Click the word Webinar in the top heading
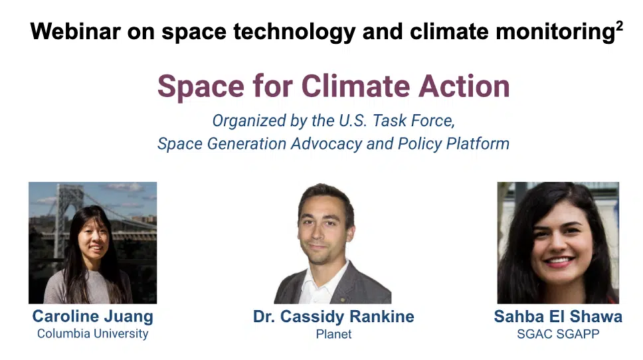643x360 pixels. pos(76,31)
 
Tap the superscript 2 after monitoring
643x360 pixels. pos(619,27)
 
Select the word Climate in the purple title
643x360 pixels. pos(355,86)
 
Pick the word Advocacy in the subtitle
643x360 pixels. pos(326,144)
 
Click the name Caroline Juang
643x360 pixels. pos(93,317)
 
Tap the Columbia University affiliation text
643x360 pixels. pos(93,333)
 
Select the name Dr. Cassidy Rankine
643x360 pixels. pos(333,317)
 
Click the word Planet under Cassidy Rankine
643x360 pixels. pos(333,334)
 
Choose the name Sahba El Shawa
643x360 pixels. pos(558,317)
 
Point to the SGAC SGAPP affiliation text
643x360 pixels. pos(558,334)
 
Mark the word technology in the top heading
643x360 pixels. pos(294,32)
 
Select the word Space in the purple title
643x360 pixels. pos(201,87)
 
